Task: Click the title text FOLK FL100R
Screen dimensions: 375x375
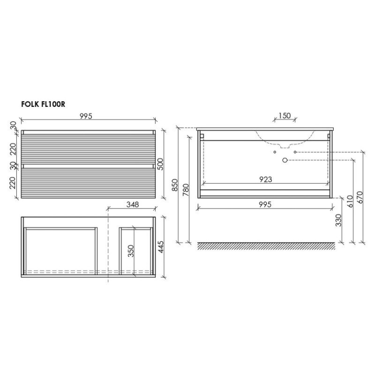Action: [43, 105]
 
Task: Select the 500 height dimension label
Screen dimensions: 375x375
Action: [161, 164]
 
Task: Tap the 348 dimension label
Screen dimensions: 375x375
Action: [133, 204]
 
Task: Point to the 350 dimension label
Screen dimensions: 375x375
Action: [131, 251]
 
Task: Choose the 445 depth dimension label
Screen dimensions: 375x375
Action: [161, 247]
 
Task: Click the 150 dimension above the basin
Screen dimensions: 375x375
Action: [285, 115]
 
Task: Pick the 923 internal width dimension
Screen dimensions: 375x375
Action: [266, 179]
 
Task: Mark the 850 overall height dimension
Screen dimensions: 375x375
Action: [175, 185]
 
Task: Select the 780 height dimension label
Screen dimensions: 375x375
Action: [186, 189]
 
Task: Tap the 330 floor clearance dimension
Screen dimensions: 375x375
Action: [338, 220]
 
